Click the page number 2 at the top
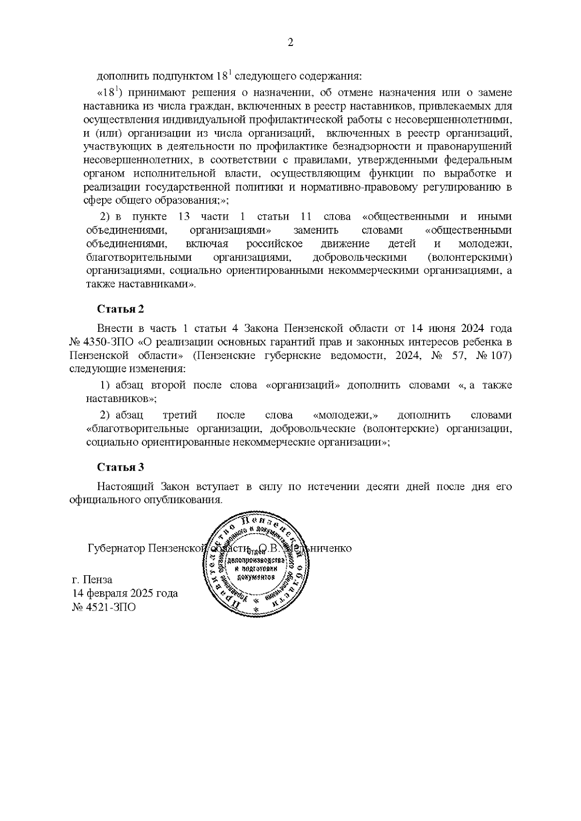(x=290, y=43)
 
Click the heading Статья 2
(x=121, y=309)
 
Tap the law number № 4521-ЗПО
(x=104, y=607)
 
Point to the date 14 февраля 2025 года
(x=125, y=593)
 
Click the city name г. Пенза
(x=92, y=580)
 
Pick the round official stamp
(x=257, y=564)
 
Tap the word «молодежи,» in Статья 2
(x=346, y=415)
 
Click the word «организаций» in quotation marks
(x=300, y=385)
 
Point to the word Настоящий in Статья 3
(x=125, y=486)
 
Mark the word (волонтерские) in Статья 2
(x=395, y=428)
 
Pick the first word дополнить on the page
(x=123, y=76)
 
